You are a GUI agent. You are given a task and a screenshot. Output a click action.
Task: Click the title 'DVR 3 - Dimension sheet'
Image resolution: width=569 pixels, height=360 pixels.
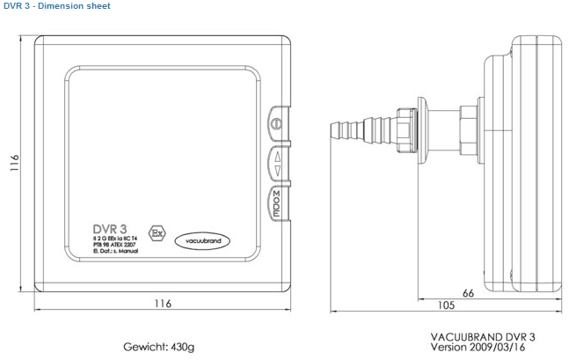coord(55,6)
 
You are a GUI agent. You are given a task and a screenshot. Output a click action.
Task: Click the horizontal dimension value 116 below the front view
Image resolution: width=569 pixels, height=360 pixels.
coord(163,304)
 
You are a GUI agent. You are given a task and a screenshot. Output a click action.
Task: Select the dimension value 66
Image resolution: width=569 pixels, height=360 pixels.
coord(468,292)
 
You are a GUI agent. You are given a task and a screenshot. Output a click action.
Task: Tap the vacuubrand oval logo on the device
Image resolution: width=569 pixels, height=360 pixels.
coord(203,239)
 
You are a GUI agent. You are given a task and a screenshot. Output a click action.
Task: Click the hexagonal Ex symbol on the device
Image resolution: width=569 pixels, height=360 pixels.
coord(157,233)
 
